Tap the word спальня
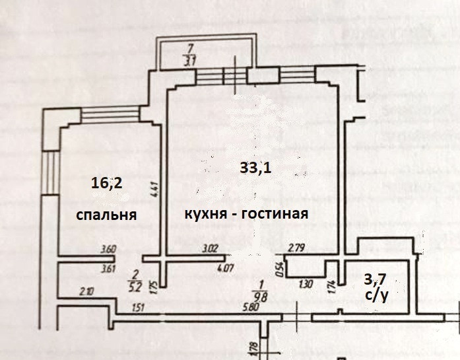tap(106, 215)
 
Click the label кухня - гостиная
tap(246, 214)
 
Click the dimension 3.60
tap(108, 250)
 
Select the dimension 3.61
tap(108, 269)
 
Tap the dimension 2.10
tap(86, 291)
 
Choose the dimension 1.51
tap(138, 307)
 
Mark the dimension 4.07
tap(226, 268)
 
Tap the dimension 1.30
tap(305, 285)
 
